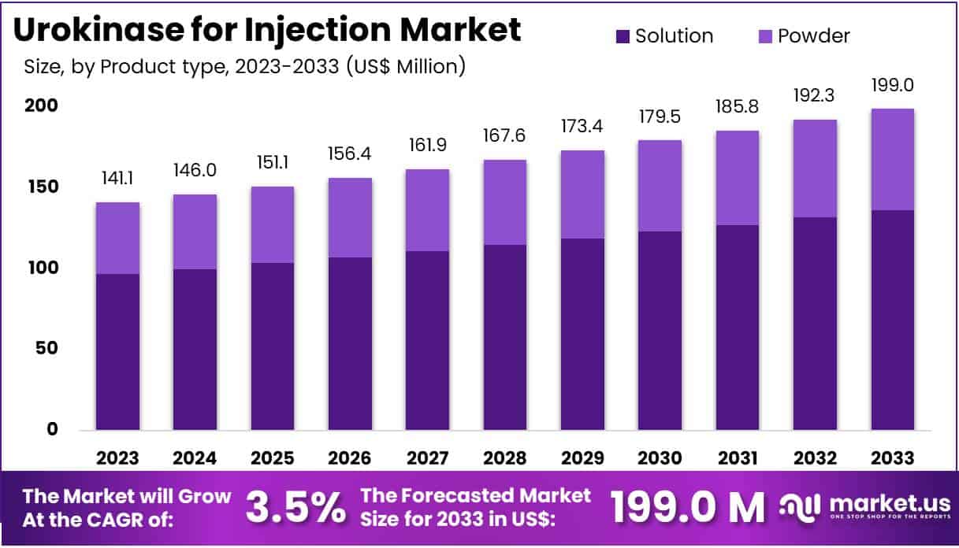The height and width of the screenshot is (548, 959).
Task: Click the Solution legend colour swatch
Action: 623,36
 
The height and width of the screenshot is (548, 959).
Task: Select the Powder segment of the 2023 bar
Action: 118,238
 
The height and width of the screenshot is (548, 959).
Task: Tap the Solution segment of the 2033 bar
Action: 893,320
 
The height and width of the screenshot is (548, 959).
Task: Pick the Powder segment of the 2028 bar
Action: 505,202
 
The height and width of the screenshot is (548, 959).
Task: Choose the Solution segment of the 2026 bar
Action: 350,343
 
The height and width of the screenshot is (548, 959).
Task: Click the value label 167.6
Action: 505,136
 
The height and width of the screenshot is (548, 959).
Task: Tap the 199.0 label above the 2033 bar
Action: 893,85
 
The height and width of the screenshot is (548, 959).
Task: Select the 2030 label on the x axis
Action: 660,458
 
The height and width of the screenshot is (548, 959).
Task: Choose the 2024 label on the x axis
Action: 195,458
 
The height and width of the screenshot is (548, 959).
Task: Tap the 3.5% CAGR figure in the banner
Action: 295,509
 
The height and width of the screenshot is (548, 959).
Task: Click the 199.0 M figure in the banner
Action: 687,509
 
